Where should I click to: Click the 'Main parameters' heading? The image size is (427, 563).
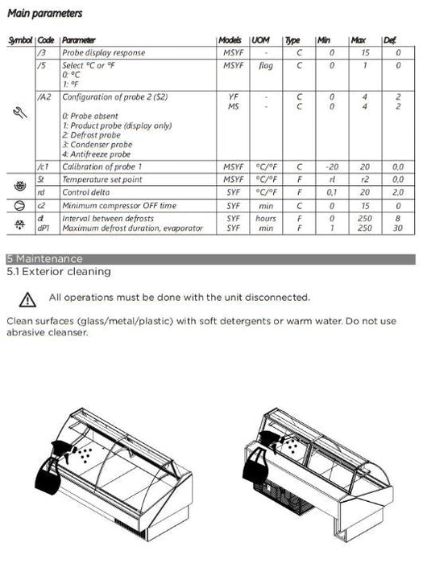45,14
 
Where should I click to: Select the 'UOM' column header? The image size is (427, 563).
260,40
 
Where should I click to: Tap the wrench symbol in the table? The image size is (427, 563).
20,113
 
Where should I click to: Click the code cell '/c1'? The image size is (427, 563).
43,166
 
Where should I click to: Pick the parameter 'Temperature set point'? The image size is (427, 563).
102,179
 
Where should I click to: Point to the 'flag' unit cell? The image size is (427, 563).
266,65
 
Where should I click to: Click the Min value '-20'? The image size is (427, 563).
332,167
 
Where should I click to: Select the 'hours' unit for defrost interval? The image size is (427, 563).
266,218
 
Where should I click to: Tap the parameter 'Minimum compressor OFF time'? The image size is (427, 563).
119,206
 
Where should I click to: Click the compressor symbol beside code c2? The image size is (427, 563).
20,206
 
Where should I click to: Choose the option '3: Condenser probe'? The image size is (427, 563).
97,145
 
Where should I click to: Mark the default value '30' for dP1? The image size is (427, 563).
398,228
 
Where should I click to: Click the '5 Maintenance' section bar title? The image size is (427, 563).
44,259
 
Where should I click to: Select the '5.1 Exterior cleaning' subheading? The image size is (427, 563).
59,272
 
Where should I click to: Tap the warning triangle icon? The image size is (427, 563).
27,300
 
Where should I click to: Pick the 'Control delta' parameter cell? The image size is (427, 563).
85,192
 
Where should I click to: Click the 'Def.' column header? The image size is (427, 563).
390,40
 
